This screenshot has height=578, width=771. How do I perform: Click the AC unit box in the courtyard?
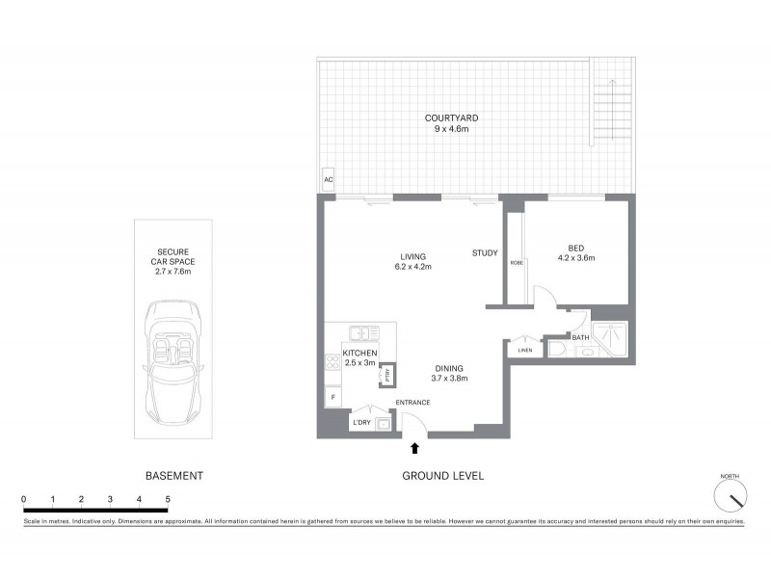pos(329,180)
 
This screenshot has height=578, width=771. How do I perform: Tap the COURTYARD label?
pos(451,118)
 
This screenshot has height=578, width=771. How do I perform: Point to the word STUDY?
pos(485,253)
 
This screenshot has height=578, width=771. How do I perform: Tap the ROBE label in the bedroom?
pos(517,263)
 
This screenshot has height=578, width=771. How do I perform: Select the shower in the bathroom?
pos(609,338)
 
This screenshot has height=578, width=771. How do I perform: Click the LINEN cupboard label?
pos(524,350)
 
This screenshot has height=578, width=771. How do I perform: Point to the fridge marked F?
pos(332,397)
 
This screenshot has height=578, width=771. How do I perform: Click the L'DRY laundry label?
pos(362,423)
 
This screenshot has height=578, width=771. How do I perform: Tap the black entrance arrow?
pos(415,447)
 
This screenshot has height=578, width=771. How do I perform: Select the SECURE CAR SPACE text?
pos(173,261)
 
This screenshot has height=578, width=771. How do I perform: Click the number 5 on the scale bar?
pos(168,498)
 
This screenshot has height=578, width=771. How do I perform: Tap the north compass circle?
pos(731,497)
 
